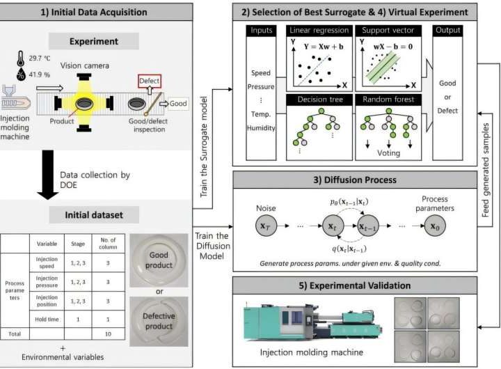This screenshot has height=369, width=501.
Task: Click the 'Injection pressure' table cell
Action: coord(48,283)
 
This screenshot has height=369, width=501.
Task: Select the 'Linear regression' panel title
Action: coord(318,31)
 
